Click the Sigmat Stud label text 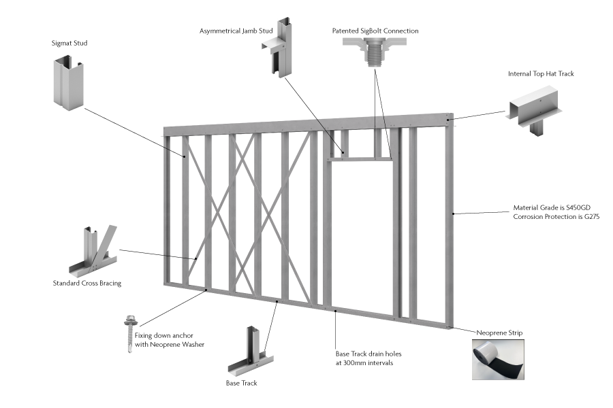pyautogui.click(x=69, y=44)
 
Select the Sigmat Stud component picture pyautogui.click(x=68, y=83)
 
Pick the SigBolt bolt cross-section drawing pyautogui.click(x=374, y=52)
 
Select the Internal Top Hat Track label pyautogui.click(x=541, y=73)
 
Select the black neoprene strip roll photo pyautogui.click(x=501, y=360)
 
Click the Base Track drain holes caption pyautogui.click(x=364, y=358)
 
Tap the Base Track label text pyautogui.click(x=241, y=384)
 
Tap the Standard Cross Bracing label pyautogui.click(x=87, y=283)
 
